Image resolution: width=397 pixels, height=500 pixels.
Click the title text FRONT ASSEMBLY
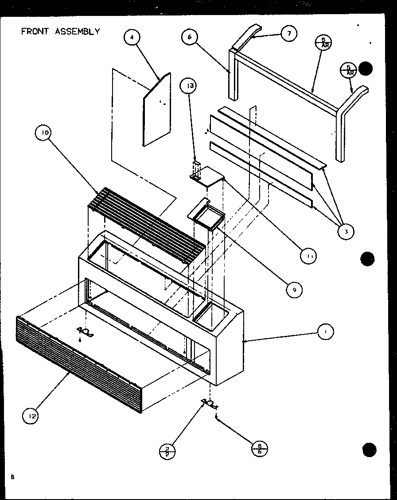coord(61,31)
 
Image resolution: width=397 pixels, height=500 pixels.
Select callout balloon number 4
coord(131,38)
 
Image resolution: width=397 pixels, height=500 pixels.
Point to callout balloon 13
coord(190,86)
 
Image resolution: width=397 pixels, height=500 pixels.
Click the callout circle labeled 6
coord(190,37)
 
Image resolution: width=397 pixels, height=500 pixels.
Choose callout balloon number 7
coord(288,34)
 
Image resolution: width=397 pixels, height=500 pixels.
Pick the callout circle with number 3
coord(346,231)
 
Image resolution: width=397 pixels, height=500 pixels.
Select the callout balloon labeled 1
coord(325,331)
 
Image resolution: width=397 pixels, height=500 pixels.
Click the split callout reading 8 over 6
coord(259,449)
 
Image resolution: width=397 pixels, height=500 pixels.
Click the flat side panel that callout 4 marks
coord(156,111)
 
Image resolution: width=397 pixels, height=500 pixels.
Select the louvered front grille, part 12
coord(80,363)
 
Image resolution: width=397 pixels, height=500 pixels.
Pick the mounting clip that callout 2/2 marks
coord(210,403)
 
